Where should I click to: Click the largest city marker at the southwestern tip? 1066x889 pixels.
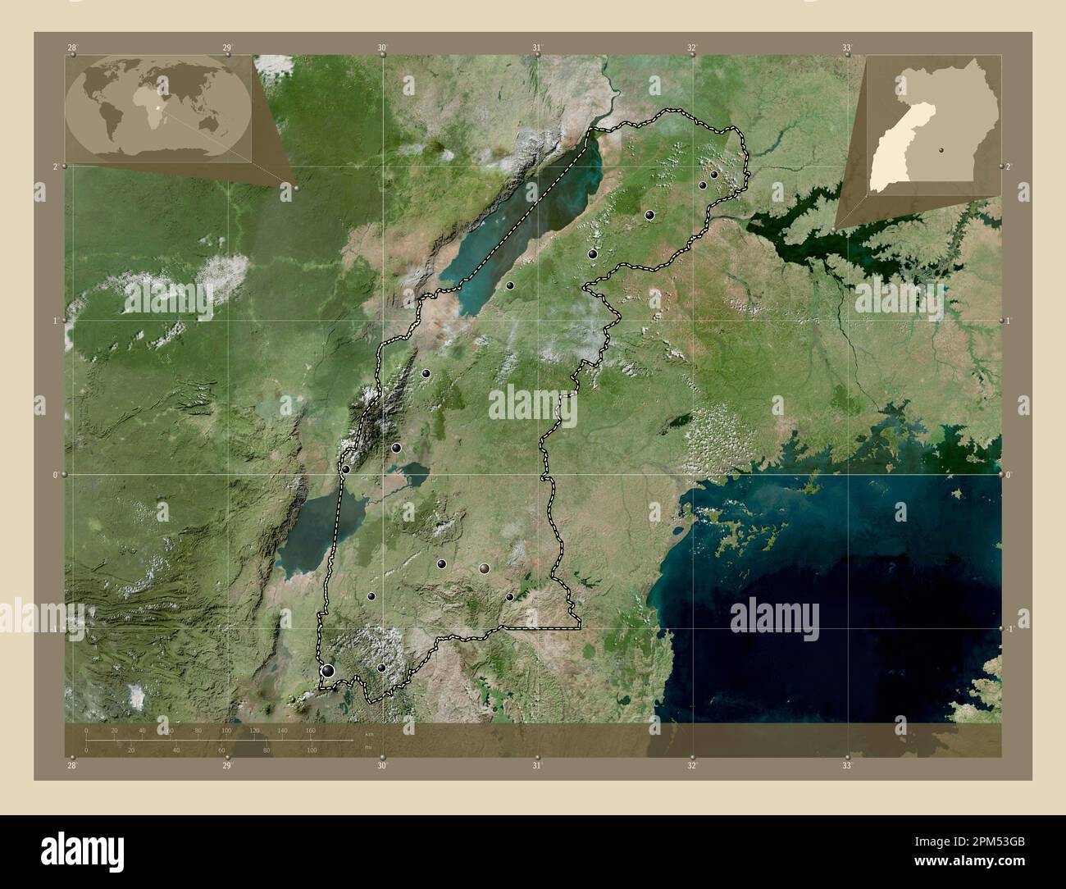pos(328,671)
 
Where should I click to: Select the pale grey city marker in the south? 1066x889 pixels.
pos(484,568)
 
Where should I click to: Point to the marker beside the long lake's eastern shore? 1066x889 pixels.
pos(510,285)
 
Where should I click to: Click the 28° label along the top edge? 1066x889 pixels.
pos(73,48)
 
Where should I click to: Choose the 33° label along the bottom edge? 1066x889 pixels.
pos(847,765)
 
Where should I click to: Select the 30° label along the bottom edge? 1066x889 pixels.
pos(382,765)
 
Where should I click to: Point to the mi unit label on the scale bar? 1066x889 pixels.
pos(368,745)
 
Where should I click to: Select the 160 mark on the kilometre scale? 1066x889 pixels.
pos(310,730)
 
